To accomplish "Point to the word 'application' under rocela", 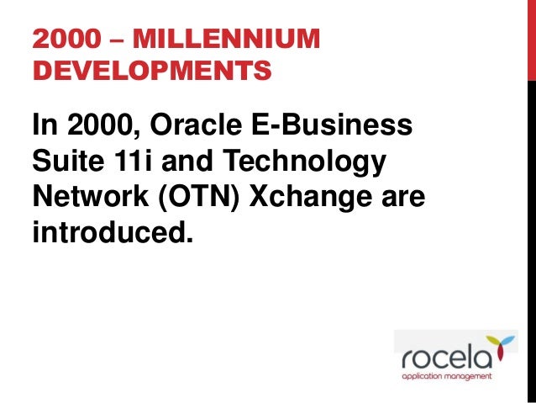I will point(424,376).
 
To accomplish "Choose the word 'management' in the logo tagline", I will point(471,376).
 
